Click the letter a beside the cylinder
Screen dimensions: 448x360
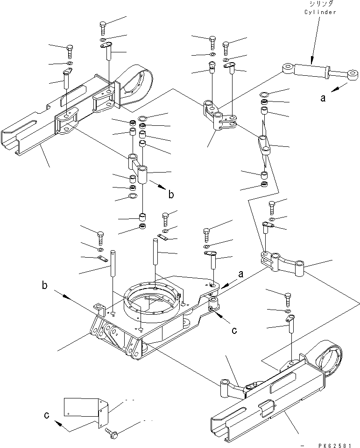point(323,99)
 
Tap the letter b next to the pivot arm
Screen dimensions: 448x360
point(171,195)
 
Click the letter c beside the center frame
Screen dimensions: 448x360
point(234,331)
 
